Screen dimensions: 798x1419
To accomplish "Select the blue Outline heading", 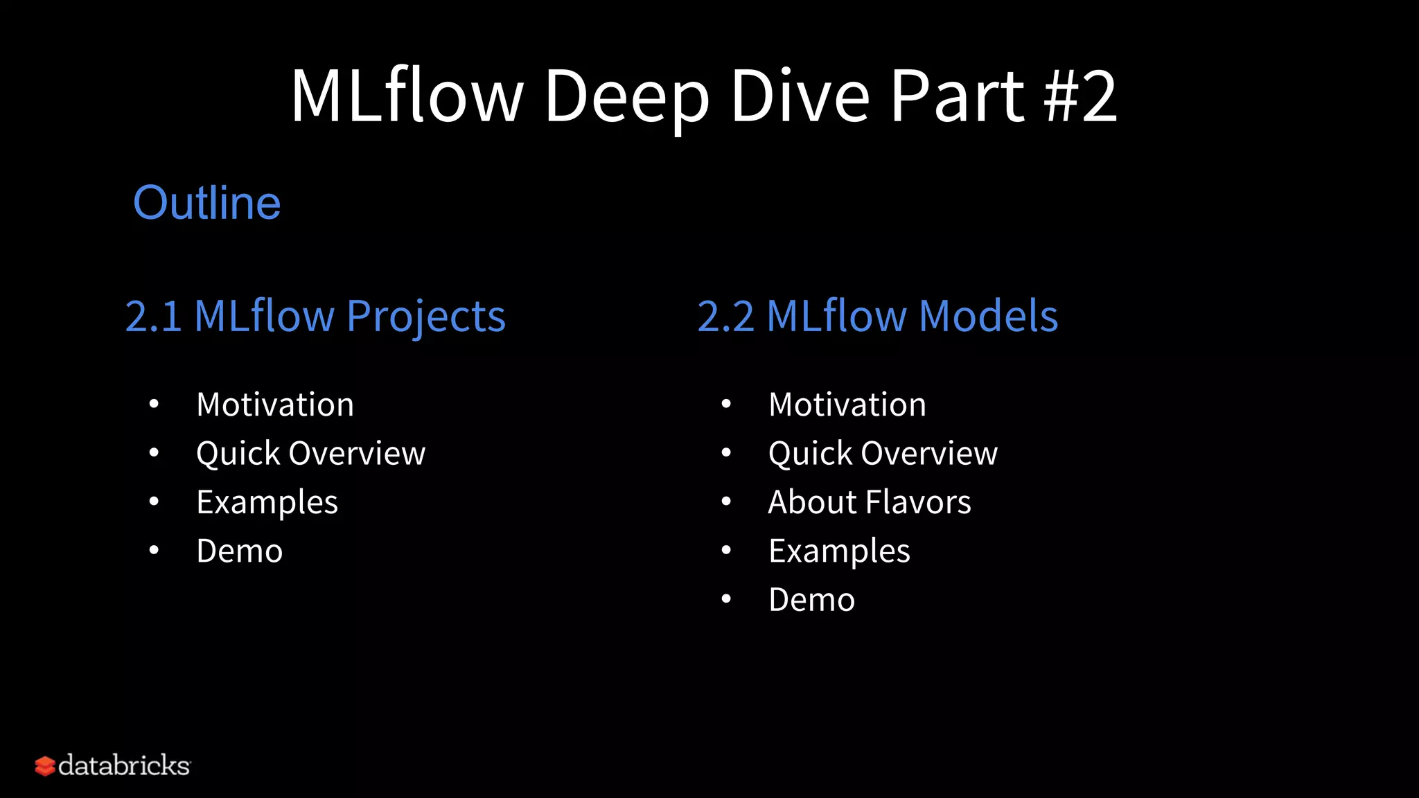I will pyautogui.click(x=206, y=203).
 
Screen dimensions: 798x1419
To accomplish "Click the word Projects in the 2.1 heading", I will pyautogui.click(x=426, y=317).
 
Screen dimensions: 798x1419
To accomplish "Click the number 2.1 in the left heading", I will pyautogui.click(x=153, y=317).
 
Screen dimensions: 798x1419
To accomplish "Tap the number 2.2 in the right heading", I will pyautogui.click(x=725, y=317).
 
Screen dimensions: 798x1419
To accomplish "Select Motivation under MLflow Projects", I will pyautogui.click(x=275, y=405).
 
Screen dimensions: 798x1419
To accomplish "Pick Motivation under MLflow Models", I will pyautogui.click(x=847, y=405).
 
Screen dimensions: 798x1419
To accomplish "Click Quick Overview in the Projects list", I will pyautogui.click(x=310, y=454).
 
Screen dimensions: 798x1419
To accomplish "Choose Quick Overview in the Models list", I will pyautogui.click(x=883, y=454).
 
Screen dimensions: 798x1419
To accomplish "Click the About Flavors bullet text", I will pyautogui.click(x=870, y=502).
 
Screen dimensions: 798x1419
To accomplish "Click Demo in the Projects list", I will pyautogui.click(x=240, y=551).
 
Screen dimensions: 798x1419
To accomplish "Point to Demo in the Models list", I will pyautogui.click(x=812, y=600).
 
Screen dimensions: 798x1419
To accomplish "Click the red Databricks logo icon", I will pyautogui.click(x=45, y=766).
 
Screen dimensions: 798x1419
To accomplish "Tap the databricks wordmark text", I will pyautogui.click(x=124, y=765).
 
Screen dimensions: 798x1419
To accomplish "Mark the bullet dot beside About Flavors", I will pyautogui.click(x=726, y=502).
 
